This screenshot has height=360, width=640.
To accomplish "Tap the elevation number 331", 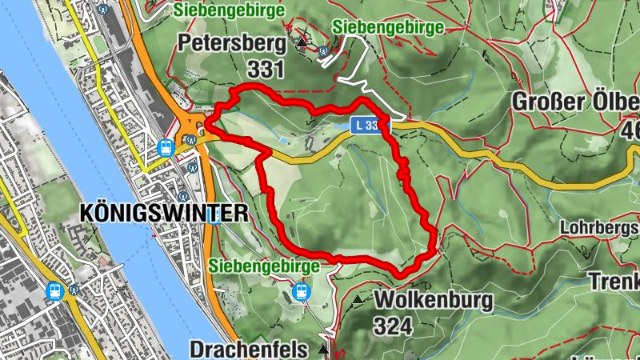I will pos(266,69).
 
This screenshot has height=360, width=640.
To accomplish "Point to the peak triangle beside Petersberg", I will pos(301,42).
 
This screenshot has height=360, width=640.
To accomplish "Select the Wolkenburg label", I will pos(433,301).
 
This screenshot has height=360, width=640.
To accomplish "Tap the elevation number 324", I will pos(392,326).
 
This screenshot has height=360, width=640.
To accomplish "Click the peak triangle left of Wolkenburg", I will pos(357,300).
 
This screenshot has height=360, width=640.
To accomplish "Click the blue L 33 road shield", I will pos(368,125).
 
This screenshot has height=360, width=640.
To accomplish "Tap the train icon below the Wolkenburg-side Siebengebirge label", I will pos(301,291).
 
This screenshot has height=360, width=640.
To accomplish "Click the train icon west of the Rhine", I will pos(55,291).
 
